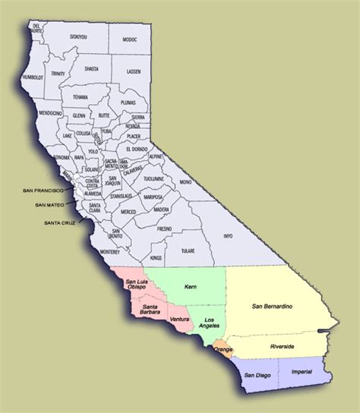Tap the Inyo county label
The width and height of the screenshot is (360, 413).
click(x=226, y=236)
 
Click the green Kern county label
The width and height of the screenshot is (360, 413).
click(x=190, y=288)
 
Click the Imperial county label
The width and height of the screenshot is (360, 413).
click(x=301, y=374)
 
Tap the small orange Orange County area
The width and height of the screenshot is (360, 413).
click(x=223, y=348)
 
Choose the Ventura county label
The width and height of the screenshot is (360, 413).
click(x=179, y=320)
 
